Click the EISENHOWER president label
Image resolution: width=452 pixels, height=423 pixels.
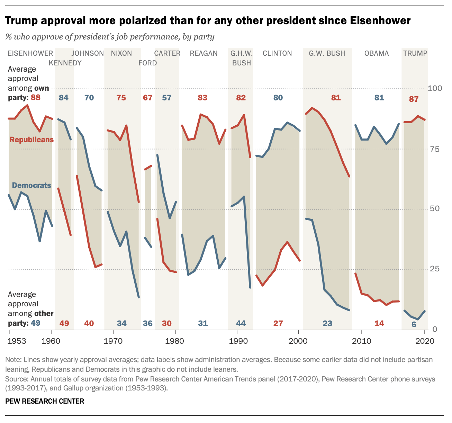click(30, 53)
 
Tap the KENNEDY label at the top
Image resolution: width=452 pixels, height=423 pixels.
click(65, 63)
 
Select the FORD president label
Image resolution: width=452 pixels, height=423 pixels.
click(148, 63)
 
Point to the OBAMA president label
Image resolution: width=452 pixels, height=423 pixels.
click(377, 53)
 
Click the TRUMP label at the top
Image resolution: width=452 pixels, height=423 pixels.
click(415, 53)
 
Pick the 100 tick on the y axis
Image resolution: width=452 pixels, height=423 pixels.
click(435, 88)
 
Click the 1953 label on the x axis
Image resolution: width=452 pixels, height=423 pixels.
click(17, 341)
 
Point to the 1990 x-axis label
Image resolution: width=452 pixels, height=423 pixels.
click(237, 341)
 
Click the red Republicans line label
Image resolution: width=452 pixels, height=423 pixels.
click(31, 140)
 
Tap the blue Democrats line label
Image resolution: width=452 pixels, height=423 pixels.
click(31, 186)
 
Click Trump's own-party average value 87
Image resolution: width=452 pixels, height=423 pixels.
click(414, 99)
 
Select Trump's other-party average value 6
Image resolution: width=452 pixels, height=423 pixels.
click(414, 324)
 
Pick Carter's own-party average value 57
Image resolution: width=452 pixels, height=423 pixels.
click(167, 98)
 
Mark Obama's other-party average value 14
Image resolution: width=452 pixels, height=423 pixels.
click(379, 323)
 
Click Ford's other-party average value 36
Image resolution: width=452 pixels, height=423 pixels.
click(148, 323)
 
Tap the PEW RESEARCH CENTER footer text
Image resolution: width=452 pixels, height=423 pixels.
click(45, 401)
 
